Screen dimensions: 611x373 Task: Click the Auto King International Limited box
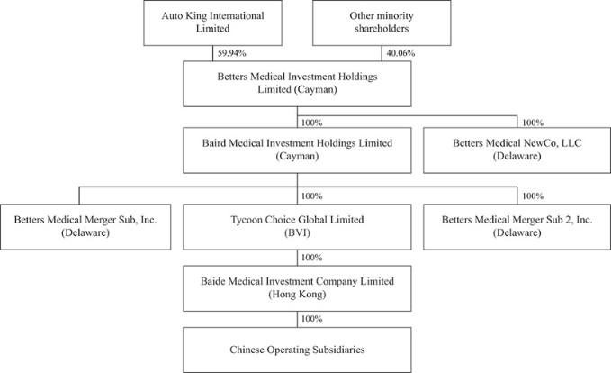pos(212,23)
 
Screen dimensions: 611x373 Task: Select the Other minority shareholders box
pos(382,23)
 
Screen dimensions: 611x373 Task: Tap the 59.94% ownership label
pos(232,53)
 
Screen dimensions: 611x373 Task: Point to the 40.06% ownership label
pos(400,53)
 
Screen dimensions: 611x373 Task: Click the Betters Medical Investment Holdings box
pos(297,84)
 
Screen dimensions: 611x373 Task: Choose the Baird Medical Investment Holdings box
pos(297,150)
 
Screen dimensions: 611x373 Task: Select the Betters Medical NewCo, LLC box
pos(517,150)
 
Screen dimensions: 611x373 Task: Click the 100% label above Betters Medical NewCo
pos(533,123)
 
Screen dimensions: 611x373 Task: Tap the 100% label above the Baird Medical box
pos(311,123)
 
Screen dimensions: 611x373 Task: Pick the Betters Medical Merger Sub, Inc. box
pos(85,227)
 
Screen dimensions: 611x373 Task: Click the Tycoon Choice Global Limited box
pos(297,227)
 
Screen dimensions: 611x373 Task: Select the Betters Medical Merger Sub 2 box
pos(517,227)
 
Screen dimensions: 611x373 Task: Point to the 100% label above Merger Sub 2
pos(533,196)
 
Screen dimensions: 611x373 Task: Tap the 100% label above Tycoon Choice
pos(311,196)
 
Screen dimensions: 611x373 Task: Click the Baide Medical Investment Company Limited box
pos(297,288)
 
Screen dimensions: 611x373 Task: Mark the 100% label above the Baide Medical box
pos(311,258)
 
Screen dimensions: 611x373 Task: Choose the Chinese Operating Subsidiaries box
pos(297,350)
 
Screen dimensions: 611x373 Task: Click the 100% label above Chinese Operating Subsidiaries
pos(311,319)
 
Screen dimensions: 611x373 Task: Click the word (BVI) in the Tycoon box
pos(297,233)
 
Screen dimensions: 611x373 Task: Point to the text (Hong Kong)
pos(297,295)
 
